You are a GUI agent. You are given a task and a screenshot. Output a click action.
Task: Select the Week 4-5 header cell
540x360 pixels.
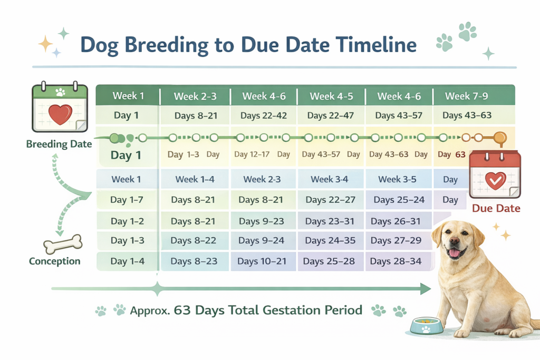click(x=330, y=96)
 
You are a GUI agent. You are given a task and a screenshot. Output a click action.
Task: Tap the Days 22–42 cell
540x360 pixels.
click(x=264, y=115)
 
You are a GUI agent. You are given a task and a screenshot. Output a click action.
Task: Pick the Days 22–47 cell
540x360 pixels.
click(x=331, y=115)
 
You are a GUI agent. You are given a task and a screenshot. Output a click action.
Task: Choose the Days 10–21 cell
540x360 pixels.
click(x=262, y=261)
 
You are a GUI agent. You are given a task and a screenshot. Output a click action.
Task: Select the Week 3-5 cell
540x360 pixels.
click(x=397, y=179)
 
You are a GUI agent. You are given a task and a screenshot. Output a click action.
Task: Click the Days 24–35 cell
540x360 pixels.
click(x=331, y=240)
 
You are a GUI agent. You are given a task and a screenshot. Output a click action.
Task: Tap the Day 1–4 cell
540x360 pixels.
click(x=127, y=261)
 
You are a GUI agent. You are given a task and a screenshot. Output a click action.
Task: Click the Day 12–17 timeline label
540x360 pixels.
click(x=252, y=154)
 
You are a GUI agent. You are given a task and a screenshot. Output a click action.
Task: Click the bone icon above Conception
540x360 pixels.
click(x=63, y=243)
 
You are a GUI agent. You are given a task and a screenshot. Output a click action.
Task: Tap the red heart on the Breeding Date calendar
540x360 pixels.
click(x=60, y=113)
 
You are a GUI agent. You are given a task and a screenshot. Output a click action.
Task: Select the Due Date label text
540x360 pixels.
click(x=496, y=208)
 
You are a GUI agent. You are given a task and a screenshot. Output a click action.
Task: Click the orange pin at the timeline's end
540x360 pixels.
click(x=499, y=139)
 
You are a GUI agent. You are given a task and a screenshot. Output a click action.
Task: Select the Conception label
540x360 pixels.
click(x=55, y=261)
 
